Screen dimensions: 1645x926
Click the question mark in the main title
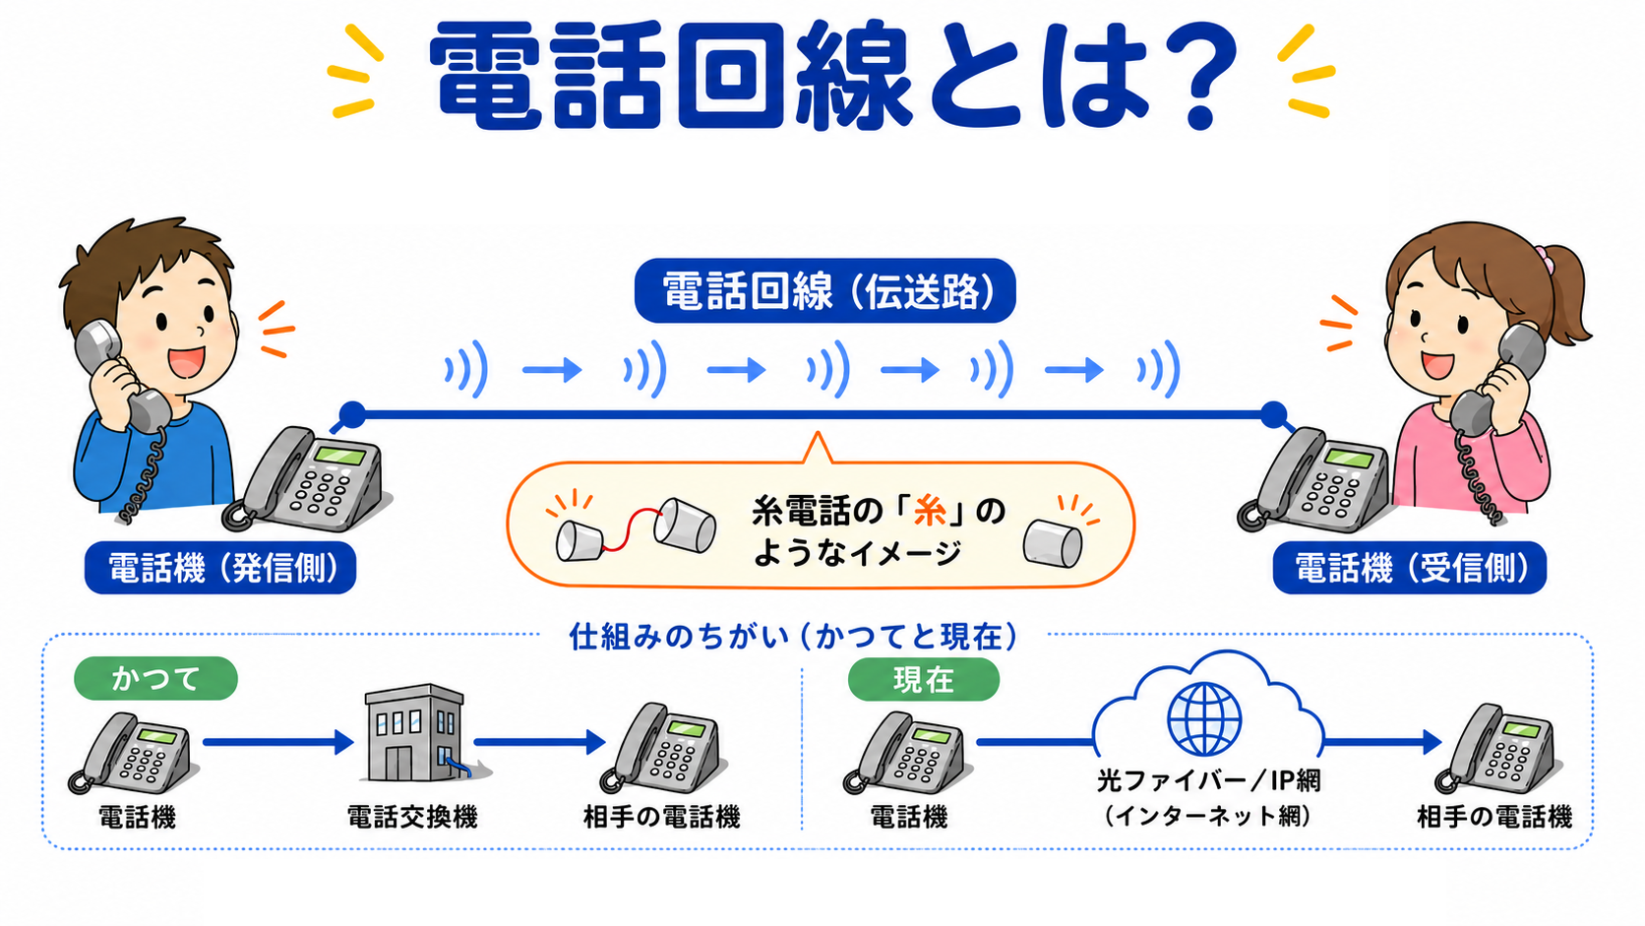coord(1198,77)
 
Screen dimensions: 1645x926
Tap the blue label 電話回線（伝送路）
coord(824,291)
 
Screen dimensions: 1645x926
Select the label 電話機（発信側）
coord(220,568)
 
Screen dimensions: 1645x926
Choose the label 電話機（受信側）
coord(1409,568)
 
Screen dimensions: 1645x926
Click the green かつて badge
coord(155,679)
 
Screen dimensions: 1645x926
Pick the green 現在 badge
coord(923,679)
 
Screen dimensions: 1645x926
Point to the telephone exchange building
coord(419,733)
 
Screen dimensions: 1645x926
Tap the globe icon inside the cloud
coord(1204,719)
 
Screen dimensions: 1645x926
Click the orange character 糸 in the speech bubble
coord(930,511)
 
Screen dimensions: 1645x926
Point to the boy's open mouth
coord(186,360)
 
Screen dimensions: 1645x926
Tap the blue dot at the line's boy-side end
coord(352,415)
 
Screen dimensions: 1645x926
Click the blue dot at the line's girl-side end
coord(1273,415)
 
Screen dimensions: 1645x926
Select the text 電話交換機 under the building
coord(412,817)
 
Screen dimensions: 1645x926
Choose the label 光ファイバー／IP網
coord(1209,780)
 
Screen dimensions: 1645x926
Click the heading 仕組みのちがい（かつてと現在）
coord(794,637)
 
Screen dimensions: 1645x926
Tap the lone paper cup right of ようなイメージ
coord(1053,543)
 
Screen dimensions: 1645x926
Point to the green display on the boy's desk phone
coord(339,455)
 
